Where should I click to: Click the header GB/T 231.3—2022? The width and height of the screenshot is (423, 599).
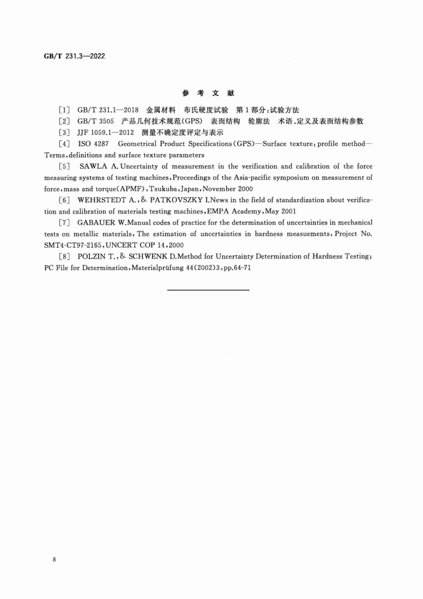(x=74, y=56)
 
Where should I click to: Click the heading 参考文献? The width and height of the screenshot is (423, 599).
(x=208, y=93)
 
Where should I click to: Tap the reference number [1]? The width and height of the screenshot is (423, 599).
(x=64, y=110)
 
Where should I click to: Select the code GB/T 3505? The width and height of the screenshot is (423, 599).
(x=96, y=121)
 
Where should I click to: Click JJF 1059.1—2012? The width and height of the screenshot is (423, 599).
(x=105, y=133)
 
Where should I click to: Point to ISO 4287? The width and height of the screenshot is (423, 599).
(x=93, y=144)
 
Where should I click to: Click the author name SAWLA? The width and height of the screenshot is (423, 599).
(x=94, y=166)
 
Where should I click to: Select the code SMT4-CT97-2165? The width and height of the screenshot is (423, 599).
(x=73, y=245)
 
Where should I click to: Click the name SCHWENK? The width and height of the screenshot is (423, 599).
(x=148, y=256)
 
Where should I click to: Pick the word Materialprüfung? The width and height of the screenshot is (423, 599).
(x=158, y=268)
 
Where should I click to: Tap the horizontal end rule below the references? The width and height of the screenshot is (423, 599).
(x=208, y=290)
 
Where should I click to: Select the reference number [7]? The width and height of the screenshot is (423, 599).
(x=64, y=223)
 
